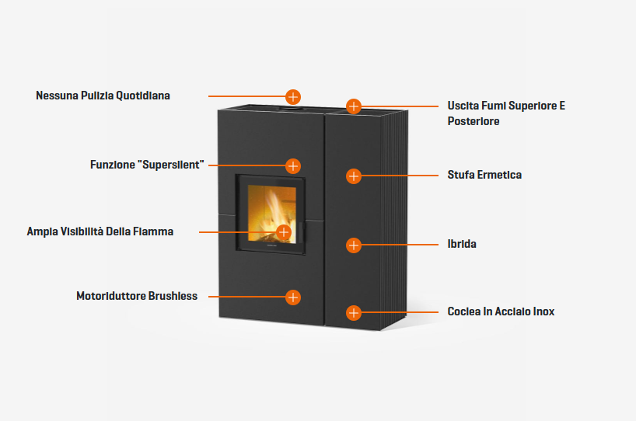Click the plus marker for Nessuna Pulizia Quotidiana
tap(293, 97)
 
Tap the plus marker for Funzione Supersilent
tap(293, 165)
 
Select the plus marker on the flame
tap(284, 232)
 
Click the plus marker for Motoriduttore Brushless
tap(293, 297)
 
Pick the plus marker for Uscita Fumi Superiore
tap(354, 106)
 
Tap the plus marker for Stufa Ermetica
tap(354, 176)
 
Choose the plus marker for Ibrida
tap(354, 245)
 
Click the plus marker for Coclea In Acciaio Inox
tap(354, 312)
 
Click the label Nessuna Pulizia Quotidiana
tap(103, 96)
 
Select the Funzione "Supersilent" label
tap(147, 165)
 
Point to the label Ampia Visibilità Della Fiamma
tap(100, 231)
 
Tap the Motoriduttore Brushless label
tap(137, 296)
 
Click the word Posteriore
tap(474, 121)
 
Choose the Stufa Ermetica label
tap(484, 175)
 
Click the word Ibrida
tap(462, 244)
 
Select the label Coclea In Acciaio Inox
tap(501, 311)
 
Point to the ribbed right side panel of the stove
tap(394, 219)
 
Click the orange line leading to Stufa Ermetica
tap(400, 176)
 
